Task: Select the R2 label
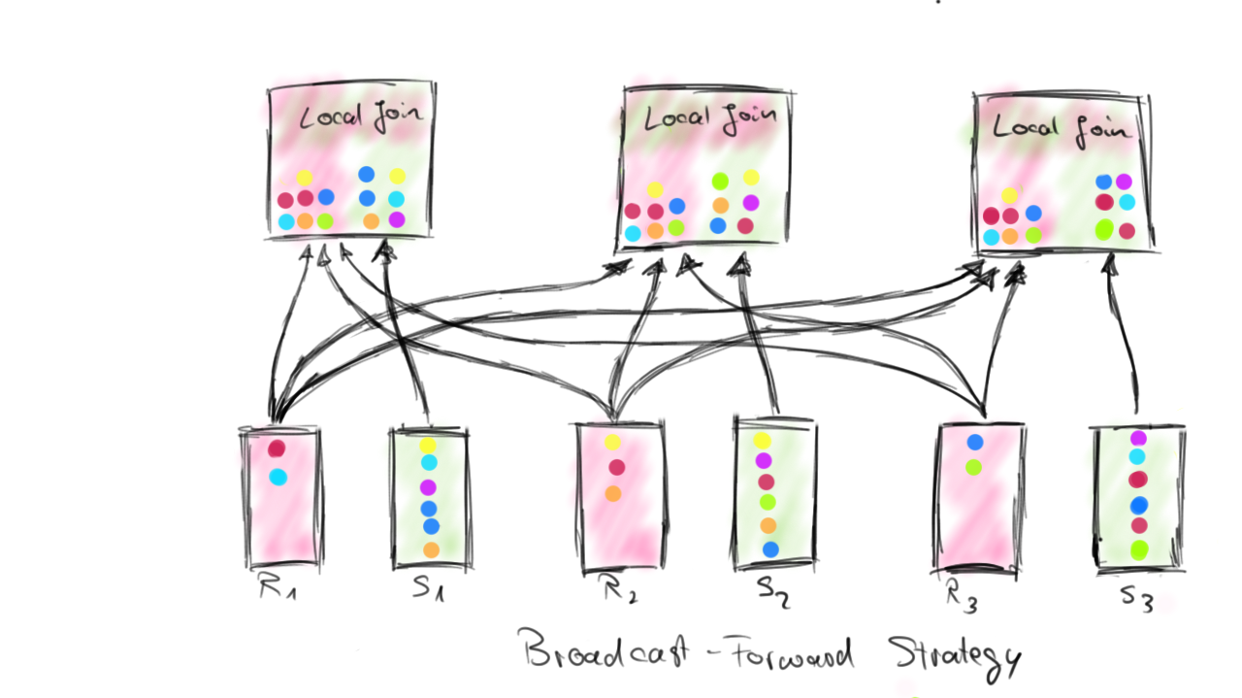(x=619, y=590)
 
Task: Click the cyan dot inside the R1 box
(x=278, y=477)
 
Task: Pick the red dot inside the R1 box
(x=277, y=449)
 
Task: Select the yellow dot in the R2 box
(x=612, y=443)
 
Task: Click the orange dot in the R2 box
(x=612, y=493)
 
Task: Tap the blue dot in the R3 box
(x=975, y=442)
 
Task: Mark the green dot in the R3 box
(x=974, y=467)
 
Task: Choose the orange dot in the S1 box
(x=431, y=549)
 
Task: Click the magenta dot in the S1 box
(x=429, y=486)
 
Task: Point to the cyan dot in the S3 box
(x=1137, y=456)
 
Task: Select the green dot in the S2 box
(x=768, y=502)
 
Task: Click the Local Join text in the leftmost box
(x=360, y=117)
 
